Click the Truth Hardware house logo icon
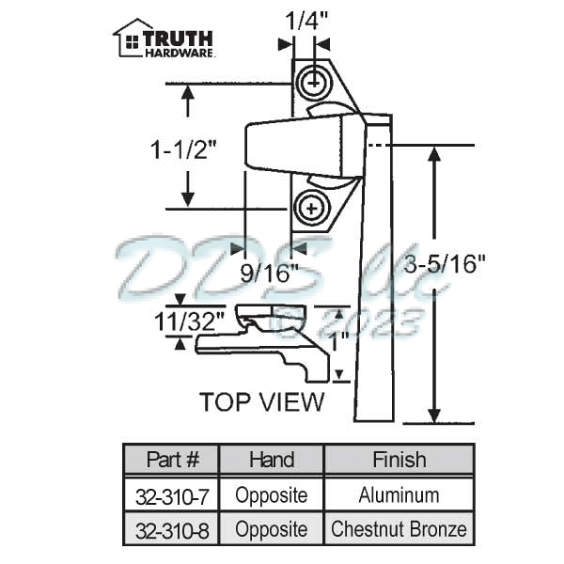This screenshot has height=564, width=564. [130, 39]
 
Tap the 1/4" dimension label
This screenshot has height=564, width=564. [306, 22]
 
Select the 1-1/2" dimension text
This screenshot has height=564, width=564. [184, 149]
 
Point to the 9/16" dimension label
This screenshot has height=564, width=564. [270, 274]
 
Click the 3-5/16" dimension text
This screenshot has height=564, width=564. [445, 264]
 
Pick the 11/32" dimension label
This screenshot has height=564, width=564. [190, 321]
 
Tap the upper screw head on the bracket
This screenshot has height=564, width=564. [314, 83]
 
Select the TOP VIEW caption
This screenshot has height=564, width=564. [262, 401]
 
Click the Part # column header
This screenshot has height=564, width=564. [173, 460]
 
